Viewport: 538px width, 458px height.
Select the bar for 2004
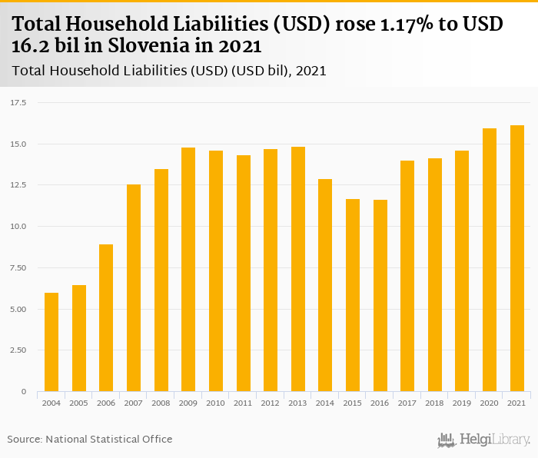coord(51,342)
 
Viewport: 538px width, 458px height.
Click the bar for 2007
coord(134,288)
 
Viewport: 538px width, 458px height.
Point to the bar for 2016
coord(380,296)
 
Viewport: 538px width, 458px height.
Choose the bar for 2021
coord(517,258)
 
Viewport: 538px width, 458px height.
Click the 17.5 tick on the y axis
coord(18,102)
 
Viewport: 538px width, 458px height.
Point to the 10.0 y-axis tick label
coord(18,227)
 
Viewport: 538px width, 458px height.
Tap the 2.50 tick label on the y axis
coord(18,350)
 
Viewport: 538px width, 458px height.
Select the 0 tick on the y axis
coord(24,392)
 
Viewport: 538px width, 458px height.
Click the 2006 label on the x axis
coord(106,403)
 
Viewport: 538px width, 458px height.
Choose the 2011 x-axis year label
coord(243,403)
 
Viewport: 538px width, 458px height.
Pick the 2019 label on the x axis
coord(462,403)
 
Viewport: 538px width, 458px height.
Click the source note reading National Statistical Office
coord(108,439)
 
